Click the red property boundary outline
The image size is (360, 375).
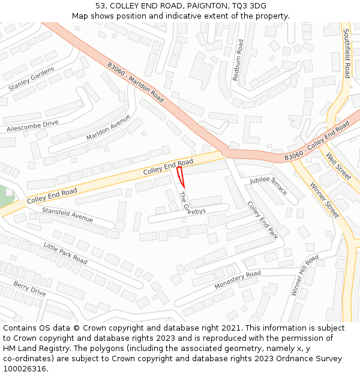[180, 178]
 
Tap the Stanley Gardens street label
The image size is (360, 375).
[31, 79]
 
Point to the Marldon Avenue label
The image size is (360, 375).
[108, 127]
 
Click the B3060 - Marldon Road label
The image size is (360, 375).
[136, 82]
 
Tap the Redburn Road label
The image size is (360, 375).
[238, 60]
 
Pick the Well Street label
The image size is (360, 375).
[339, 167]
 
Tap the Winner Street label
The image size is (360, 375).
[325, 200]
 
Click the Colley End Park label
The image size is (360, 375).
[263, 220]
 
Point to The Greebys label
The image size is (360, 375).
[192, 203]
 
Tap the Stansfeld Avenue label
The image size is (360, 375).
[67, 214]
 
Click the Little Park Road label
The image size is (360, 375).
[65, 253]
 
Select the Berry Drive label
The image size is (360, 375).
[30, 289]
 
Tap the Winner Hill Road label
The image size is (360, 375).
[305, 275]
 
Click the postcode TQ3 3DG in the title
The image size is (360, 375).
[249, 6]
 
